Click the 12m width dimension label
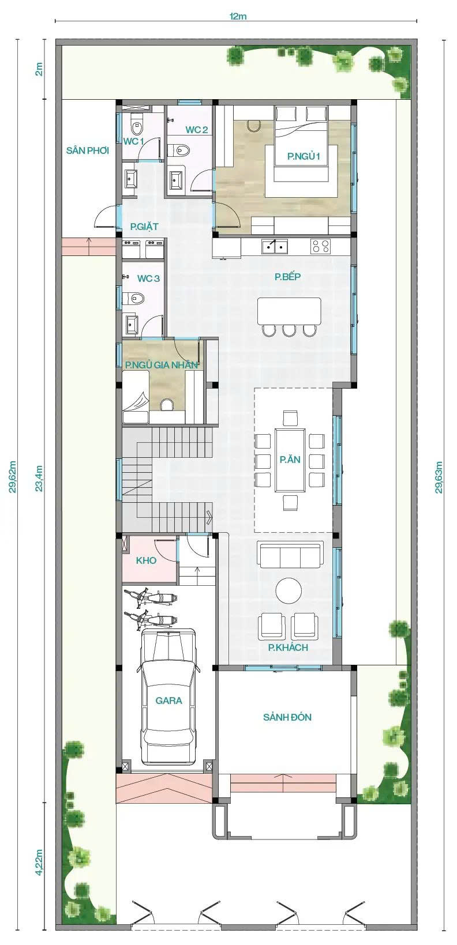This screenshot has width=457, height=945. coord(238,16)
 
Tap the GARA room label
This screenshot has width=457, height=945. coord(168,701)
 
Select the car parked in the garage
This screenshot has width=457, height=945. coord(168,696)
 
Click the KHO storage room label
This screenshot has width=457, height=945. coord(146,560)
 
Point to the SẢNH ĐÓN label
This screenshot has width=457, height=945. coord(287,717)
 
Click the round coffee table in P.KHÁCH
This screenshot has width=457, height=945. coord(289,590)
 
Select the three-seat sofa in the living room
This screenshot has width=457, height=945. coord(290,555)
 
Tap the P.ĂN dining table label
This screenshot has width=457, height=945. coord(290,460)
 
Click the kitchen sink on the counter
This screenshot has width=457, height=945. coord(275,246)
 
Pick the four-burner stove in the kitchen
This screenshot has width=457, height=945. coord(321,246)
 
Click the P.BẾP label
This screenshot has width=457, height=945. coord(287,277)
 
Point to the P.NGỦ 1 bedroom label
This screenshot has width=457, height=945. coord(304,156)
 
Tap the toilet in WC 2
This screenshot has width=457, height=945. coord(179,150)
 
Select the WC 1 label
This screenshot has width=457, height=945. coord(133,141)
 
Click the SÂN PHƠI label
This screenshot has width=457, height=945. coord(88,150)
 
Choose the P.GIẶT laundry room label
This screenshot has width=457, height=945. coord(144,227)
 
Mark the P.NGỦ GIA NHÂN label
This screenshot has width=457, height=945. coord(162,365)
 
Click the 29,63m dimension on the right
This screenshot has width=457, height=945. coord(439,477)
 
